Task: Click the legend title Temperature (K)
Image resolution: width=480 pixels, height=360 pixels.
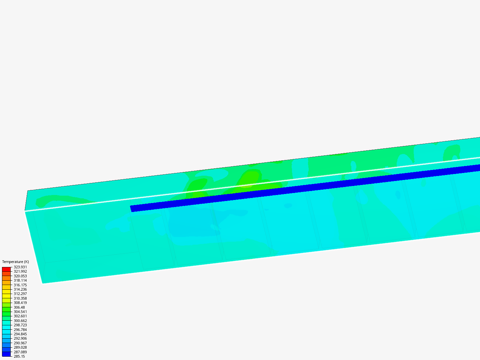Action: click(x=15, y=262)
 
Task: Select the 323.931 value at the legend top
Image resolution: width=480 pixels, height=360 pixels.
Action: click(x=20, y=267)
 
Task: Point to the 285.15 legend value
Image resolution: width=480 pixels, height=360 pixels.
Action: click(x=19, y=356)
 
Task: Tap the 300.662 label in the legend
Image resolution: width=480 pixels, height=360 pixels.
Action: click(x=20, y=321)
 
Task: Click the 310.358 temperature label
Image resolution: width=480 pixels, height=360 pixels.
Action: click(x=20, y=298)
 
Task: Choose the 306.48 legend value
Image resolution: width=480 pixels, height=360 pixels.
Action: click(x=19, y=307)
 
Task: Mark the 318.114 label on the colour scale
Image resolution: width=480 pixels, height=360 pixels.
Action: click(x=20, y=280)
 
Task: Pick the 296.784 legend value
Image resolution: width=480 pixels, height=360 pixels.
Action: click(x=20, y=330)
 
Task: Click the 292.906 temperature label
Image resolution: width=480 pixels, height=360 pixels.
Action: click(x=20, y=338)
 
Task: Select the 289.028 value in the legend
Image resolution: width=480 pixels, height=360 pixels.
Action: click(x=20, y=347)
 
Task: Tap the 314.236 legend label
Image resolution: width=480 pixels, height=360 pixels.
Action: click(x=20, y=289)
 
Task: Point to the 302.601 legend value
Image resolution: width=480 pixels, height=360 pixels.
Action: click(x=20, y=316)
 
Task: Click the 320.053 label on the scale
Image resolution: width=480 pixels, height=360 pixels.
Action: click(x=20, y=276)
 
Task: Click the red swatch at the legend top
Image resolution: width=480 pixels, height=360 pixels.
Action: click(x=6, y=269)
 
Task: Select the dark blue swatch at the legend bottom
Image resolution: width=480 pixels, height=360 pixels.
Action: click(x=6, y=354)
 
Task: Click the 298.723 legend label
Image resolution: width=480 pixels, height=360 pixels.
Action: click(x=20, y=325)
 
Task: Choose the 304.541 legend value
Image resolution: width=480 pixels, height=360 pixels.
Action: click(x=20, y=312)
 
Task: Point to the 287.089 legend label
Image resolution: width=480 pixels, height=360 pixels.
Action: click(x=20, y=352)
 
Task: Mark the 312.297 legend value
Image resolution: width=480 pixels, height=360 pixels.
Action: click(x=20, y=294)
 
